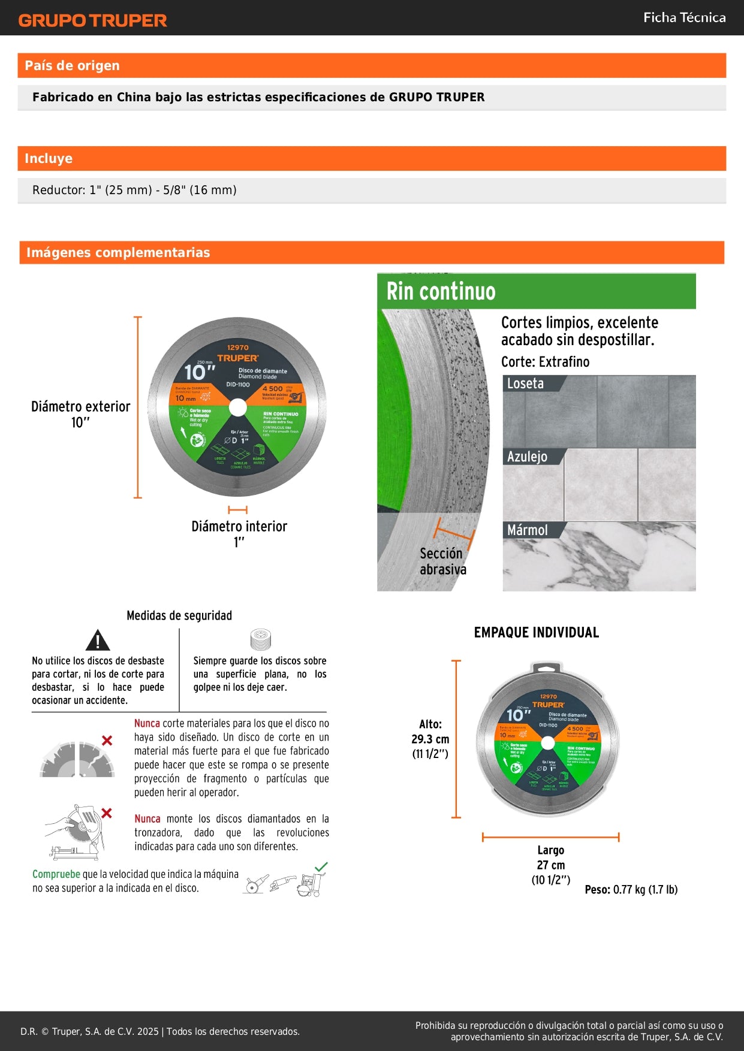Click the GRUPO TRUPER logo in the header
(x=93, y=20)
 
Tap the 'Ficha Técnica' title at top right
(x=684, y=18)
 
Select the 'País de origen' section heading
(x=72, y=66)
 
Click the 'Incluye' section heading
(x=49, y=159)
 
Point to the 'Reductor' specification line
(x=134, y=191)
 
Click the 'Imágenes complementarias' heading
(x=118, y=253)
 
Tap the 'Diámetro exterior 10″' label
(x=80, y=414)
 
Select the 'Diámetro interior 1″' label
(x=239, y=533)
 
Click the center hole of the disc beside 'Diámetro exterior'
(x=237, y=407)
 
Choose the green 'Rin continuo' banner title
(x=441, y=292)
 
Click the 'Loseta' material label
(x=525, y=383)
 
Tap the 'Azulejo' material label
(x=527, y=457)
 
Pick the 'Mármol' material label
(x=527, y=530)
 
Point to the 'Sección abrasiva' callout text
(x=442, y=561)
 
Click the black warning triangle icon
(x=98, y=641)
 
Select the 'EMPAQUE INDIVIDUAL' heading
(x=537, y=633)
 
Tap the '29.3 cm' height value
(x=430, y=739)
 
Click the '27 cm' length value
(x=550, y=865)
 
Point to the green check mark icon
(x=321, y=867)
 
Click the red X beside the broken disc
(x=107, y=741)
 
